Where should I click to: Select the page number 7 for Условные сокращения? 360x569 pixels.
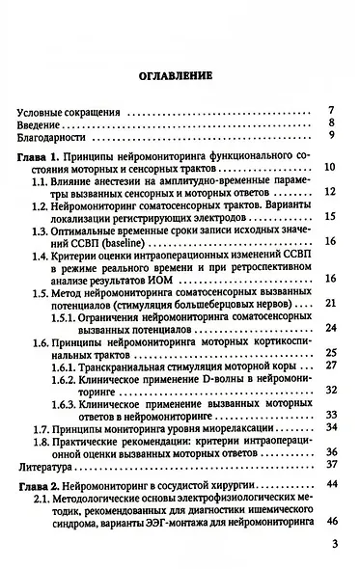331,110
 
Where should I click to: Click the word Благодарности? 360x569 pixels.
55,139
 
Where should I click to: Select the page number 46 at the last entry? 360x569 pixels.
329,548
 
